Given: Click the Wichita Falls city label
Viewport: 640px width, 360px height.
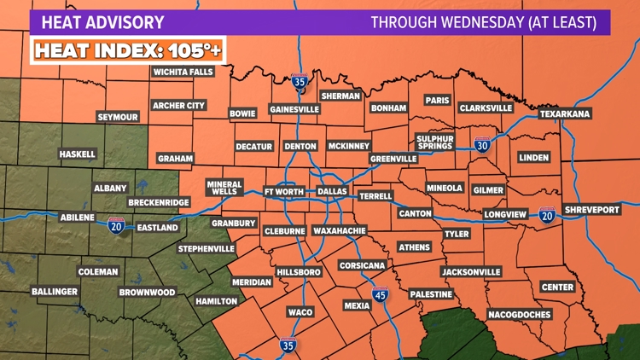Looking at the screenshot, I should click(x=183, y=73).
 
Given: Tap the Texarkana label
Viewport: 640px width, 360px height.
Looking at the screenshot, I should click(x=565, y=114).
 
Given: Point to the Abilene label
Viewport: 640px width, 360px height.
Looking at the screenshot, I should click(x=77, y=218).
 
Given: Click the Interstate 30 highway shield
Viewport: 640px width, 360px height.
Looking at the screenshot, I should click(x=483, y=147).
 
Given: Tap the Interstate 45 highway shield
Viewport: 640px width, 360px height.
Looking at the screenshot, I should click(x=380, y=295).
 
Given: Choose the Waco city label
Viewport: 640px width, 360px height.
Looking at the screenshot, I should click(x=300, y=312).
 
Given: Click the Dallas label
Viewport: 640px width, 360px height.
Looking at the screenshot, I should click(x=333, y=192).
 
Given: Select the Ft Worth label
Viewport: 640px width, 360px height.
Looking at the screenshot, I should click(x=285, y=192).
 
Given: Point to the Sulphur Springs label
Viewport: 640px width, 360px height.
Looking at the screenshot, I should click(x=436, y=142).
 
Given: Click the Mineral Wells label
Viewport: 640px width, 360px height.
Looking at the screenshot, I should click(x=225, y=188).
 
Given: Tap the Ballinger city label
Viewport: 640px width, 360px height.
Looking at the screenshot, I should click(x=56, y=292).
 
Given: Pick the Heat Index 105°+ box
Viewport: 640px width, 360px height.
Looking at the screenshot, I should click(x=128, y=50).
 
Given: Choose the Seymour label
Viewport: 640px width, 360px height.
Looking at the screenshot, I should click(x=118, y=117).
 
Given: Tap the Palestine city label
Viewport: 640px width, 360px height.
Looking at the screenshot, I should click(x=431, y=294).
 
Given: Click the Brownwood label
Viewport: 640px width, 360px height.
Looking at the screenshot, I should click(x=148, y=293).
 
